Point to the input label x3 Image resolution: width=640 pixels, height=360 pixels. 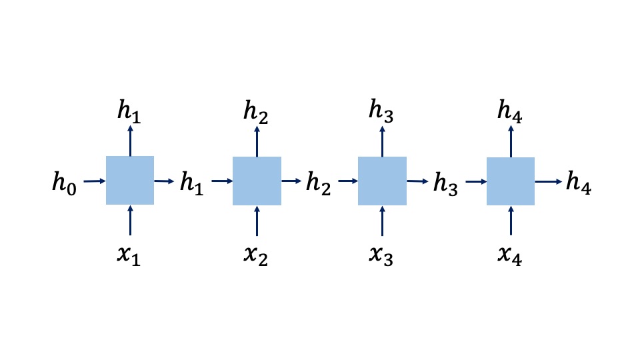(x=381, y=255)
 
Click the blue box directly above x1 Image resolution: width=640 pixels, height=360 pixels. (x=130, y=180)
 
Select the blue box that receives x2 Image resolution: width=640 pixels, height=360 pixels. (x=257, y=181)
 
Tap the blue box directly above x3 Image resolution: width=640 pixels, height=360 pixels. (x=382, y=181)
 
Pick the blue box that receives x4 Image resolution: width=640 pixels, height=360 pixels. (x=511, y=181)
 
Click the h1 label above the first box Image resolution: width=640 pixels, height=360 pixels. (x=129, y=112)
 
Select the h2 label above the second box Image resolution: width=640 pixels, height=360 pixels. (x=257, y=113)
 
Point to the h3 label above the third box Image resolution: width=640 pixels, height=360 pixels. (x=382, y=113)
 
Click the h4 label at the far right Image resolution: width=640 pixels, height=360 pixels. (x=578, y=181)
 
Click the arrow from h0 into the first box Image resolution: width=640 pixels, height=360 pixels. (x=94, y=180)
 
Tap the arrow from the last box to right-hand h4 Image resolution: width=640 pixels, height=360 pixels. (x=548, y=181)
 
